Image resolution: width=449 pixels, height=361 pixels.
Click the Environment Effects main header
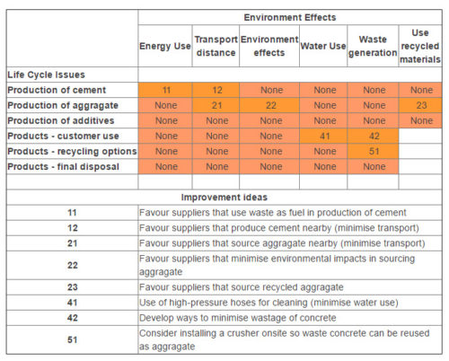(x=291, y=17)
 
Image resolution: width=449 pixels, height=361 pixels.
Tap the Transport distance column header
(x=216, y=46)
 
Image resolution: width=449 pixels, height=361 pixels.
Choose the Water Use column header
(x=323, y=46)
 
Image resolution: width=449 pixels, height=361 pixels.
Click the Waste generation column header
(x=373, y=46)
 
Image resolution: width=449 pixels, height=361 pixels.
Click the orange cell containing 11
(x=165, y=90)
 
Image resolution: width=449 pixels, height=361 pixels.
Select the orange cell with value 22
(x=269, y=105)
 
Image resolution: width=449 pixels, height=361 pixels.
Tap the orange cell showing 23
(x=420, y=105)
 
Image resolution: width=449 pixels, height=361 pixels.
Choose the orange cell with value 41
(x=323, y=136)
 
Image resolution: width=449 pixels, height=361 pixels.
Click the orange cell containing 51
(x=373, y=151)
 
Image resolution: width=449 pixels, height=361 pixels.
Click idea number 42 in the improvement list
(x=72, y=317)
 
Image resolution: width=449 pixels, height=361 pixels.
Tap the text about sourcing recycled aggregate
(x=241, y=286)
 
